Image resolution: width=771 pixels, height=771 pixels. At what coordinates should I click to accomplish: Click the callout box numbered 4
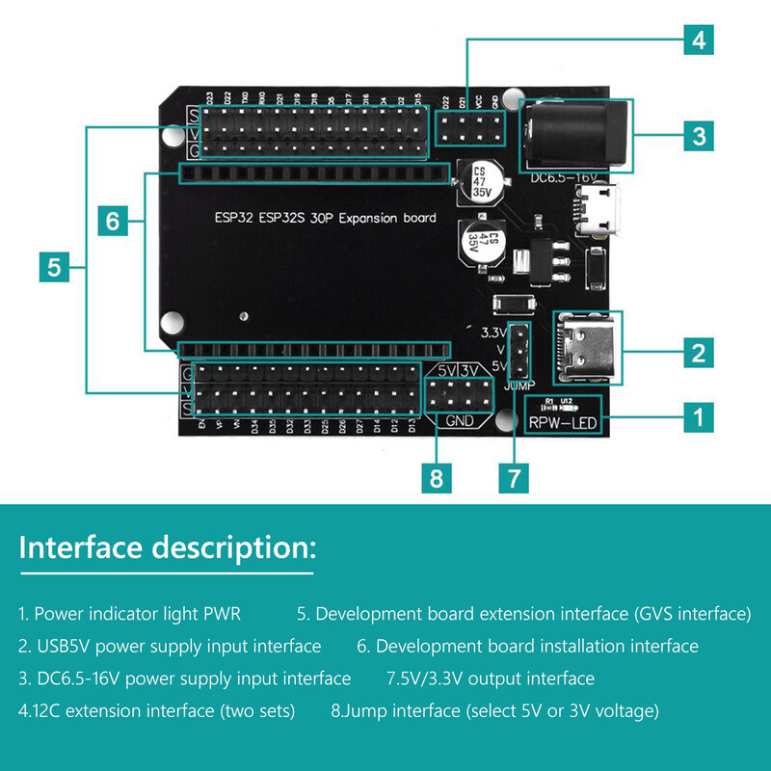(x=700, y=40)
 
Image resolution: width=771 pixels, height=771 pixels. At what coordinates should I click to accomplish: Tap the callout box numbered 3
(x=700, y=136)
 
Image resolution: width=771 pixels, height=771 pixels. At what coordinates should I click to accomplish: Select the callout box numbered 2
(x=700, y=352)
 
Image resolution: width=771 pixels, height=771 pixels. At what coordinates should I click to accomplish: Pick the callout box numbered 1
(x=700, y=416)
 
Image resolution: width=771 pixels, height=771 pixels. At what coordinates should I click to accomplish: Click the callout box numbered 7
(x=514, y=477)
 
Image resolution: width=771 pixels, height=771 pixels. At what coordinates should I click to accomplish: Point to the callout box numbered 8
(x=437, y=477)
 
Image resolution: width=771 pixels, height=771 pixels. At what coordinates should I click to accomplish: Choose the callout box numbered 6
(x=113, y=222)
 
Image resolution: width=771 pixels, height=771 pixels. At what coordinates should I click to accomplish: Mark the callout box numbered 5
(x=54, y=267)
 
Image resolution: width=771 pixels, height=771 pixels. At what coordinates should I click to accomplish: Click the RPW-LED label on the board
(x=562, y=421)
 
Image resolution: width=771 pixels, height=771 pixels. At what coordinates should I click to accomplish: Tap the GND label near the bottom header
(x=458, y=421)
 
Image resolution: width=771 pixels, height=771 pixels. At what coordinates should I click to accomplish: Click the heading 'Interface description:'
(x=167, y=548)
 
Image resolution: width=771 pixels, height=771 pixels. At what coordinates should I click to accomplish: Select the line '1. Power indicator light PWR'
(x=129, y=614)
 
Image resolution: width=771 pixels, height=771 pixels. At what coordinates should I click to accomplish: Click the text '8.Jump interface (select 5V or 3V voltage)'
(x=494, y=711)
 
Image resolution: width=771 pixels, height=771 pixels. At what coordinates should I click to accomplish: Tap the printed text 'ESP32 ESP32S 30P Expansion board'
(x=324, y=218)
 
